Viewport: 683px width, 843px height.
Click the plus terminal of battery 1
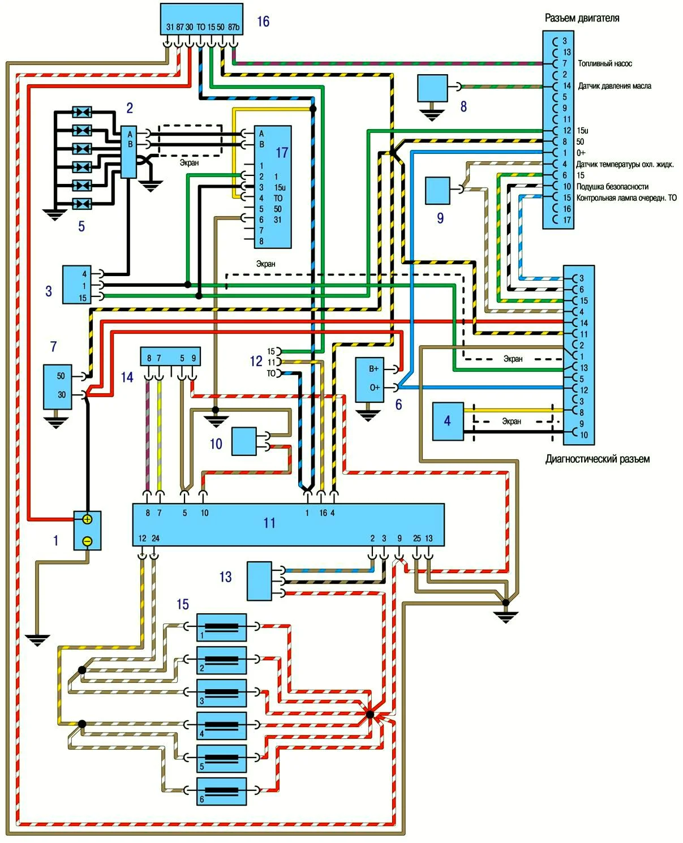pyautogui.click(x=87, y=519)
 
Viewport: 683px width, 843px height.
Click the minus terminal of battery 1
pyautogui.click(x=87, y=541)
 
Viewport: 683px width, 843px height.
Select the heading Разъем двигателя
pyautogui.click(x=582, y=18)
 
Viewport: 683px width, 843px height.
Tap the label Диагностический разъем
pyautogui.click(x=597, y=459)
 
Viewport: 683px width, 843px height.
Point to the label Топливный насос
pyautogui.click(x=604, y=63)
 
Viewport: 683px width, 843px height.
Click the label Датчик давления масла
pyautogui.click(x=614, y=86)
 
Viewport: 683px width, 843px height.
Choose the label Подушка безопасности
pyautogui.click(x=612, y=187)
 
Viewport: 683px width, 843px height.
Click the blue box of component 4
pyautogui.click(x=448, y=421)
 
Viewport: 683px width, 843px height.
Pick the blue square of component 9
pyautogui.click(x=437, y=191)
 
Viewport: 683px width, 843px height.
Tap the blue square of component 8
pyautogui.click(x=432, y=88)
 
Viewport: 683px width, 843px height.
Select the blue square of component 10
pyautogui.click(x=244, y=441)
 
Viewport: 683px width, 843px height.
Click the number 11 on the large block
pyautogui.click(x=269, y=523)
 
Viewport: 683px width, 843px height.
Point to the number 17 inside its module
pyautogui.click(x=282, y=153)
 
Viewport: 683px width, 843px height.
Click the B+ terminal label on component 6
pyautogui.click(x=373, y=369)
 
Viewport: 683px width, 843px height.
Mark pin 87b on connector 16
pyautogui.click(x=233, y=27)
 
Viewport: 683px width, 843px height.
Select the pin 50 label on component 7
pyautogui.click(x=61, y=376)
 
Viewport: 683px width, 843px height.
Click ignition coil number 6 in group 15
pyautogui.click(x=221, y=791)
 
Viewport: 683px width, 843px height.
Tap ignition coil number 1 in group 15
pyautogui.click(x=221, y=627)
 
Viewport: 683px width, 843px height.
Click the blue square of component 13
pyautogui.click(x=259, y=580)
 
